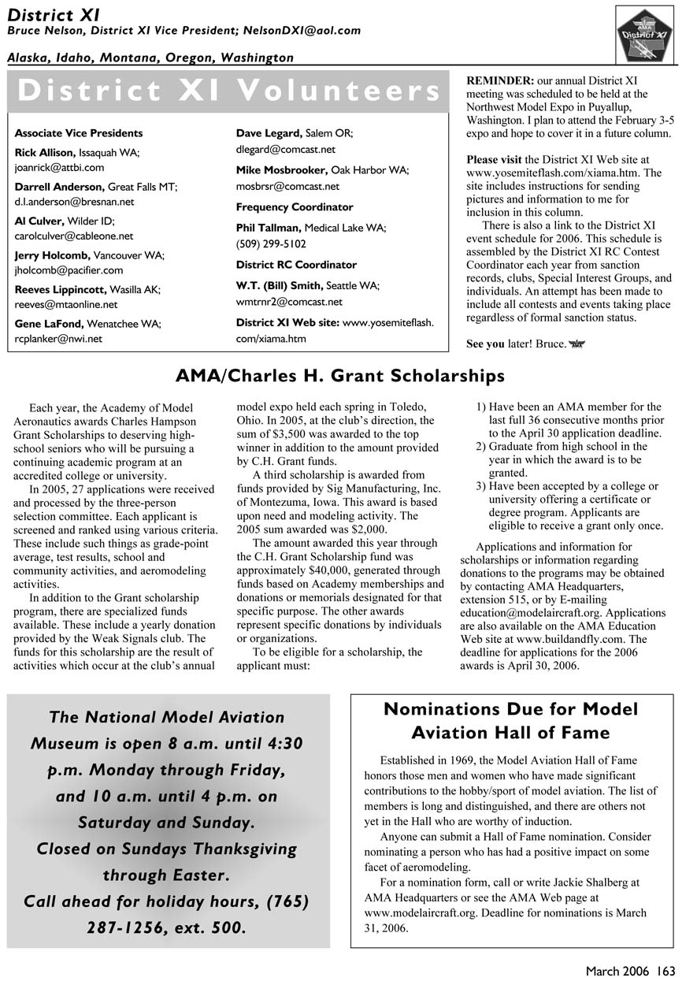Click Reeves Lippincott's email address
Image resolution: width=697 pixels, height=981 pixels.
pos(66,304)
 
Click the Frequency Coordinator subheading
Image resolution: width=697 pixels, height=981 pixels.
pos(295,207)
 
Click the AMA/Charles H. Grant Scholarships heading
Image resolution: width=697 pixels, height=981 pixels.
pos(339,377)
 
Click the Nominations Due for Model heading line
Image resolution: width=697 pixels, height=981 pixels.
pos(510,709)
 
